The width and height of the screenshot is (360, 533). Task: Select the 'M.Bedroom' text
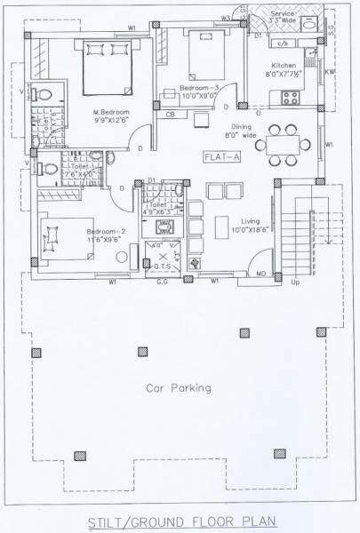(112, 112)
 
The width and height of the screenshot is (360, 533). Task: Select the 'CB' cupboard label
(170, 115)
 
